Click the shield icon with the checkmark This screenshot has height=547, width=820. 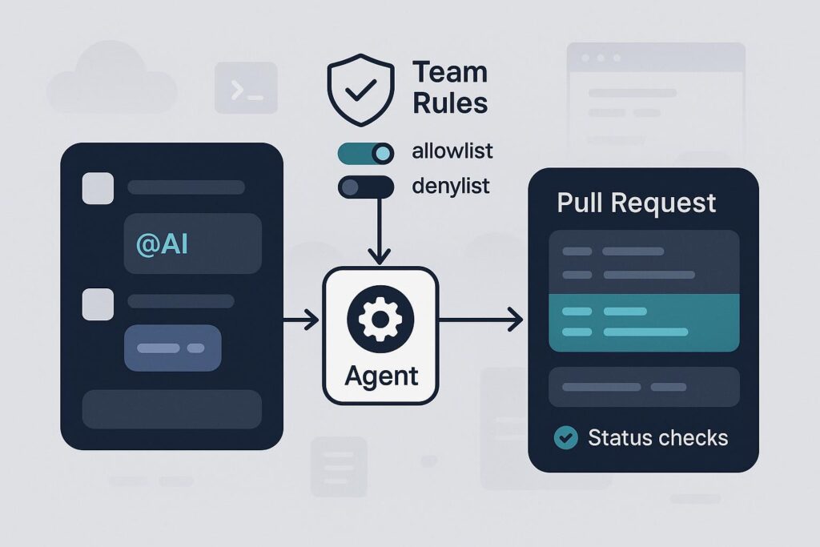[362, 90]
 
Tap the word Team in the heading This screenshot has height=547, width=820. [450, 73]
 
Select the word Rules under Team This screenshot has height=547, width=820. [450, 103]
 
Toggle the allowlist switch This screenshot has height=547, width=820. [367, 152]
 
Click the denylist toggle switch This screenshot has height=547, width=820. [367, 187]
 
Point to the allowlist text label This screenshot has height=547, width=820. [452, 151]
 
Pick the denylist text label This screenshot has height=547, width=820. [451, 186]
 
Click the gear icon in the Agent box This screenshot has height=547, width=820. [380, 320]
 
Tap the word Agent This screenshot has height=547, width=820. [380, 375]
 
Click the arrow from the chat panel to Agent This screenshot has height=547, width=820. [302, 321]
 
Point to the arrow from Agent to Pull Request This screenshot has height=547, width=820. [480, 321]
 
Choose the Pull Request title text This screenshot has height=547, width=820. [637, 202]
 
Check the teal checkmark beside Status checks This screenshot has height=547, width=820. [566, 437]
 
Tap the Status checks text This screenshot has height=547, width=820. [657, 437]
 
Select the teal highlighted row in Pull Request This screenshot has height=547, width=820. [644, 322]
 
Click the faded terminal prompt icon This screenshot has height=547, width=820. [246, 88]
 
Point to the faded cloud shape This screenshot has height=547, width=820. [111, 80]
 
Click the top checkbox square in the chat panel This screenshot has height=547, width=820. [98, 188]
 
